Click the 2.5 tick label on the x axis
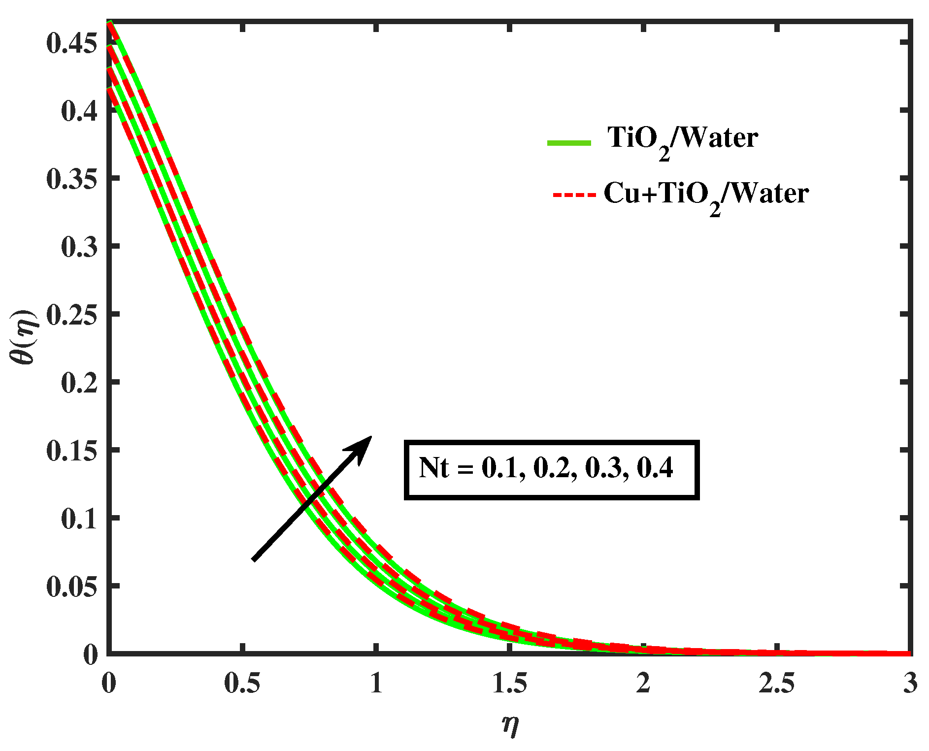[x=776, y=684]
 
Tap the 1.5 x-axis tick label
[x=509, y=684]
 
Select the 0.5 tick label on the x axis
[x=242, y=684]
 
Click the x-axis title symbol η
[x=510, y=724]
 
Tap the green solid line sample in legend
[x=569, y=143]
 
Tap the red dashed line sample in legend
[x=574, y=195]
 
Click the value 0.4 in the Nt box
[x=655, y=468]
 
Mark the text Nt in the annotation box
[x=433, y=468]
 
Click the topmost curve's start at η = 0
[x=110, y=22]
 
